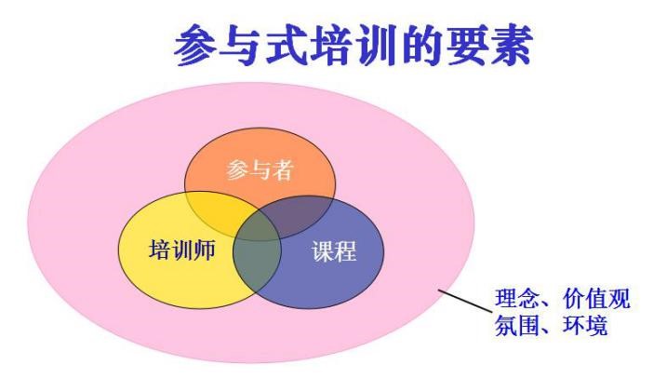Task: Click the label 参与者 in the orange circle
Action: [260, 169]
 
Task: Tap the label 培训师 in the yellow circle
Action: [182, 250]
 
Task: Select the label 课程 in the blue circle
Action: [334, 250]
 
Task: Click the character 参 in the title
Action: [195, 45]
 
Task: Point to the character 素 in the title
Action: [510, 45]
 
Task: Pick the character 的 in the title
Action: [420, 45]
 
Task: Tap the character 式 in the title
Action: [286, 45]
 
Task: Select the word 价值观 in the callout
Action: [596, 298]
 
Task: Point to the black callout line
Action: [464, 302]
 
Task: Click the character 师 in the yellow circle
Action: [205, 250]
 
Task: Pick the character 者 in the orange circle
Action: [283, 169]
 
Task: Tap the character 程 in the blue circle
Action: [345, 250]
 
